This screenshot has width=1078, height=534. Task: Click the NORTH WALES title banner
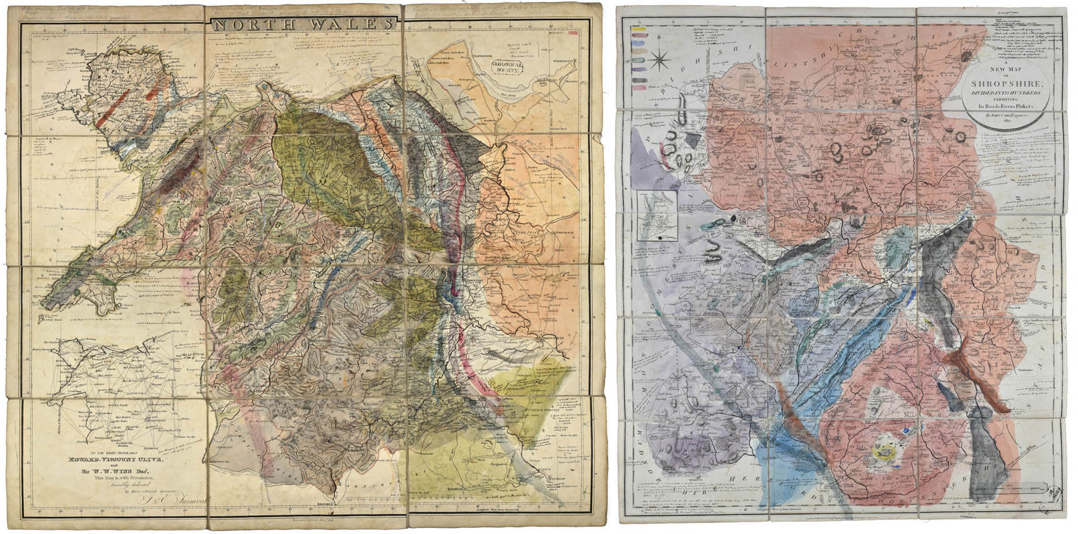303,25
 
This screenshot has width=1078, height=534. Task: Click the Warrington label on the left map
564,61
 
